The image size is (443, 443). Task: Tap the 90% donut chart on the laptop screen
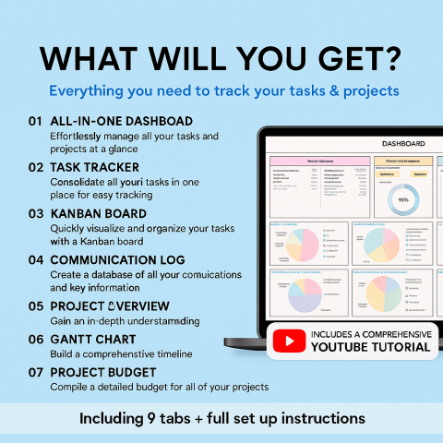click(403, 198)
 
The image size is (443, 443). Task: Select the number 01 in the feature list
click(36, 121)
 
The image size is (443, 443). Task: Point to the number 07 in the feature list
click(36, 372)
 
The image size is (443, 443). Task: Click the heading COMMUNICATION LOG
click(117, 260)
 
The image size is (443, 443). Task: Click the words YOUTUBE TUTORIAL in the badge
click(370, 348)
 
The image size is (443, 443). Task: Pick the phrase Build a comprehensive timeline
click(121, 354)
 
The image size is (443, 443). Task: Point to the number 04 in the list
click(36, 260)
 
